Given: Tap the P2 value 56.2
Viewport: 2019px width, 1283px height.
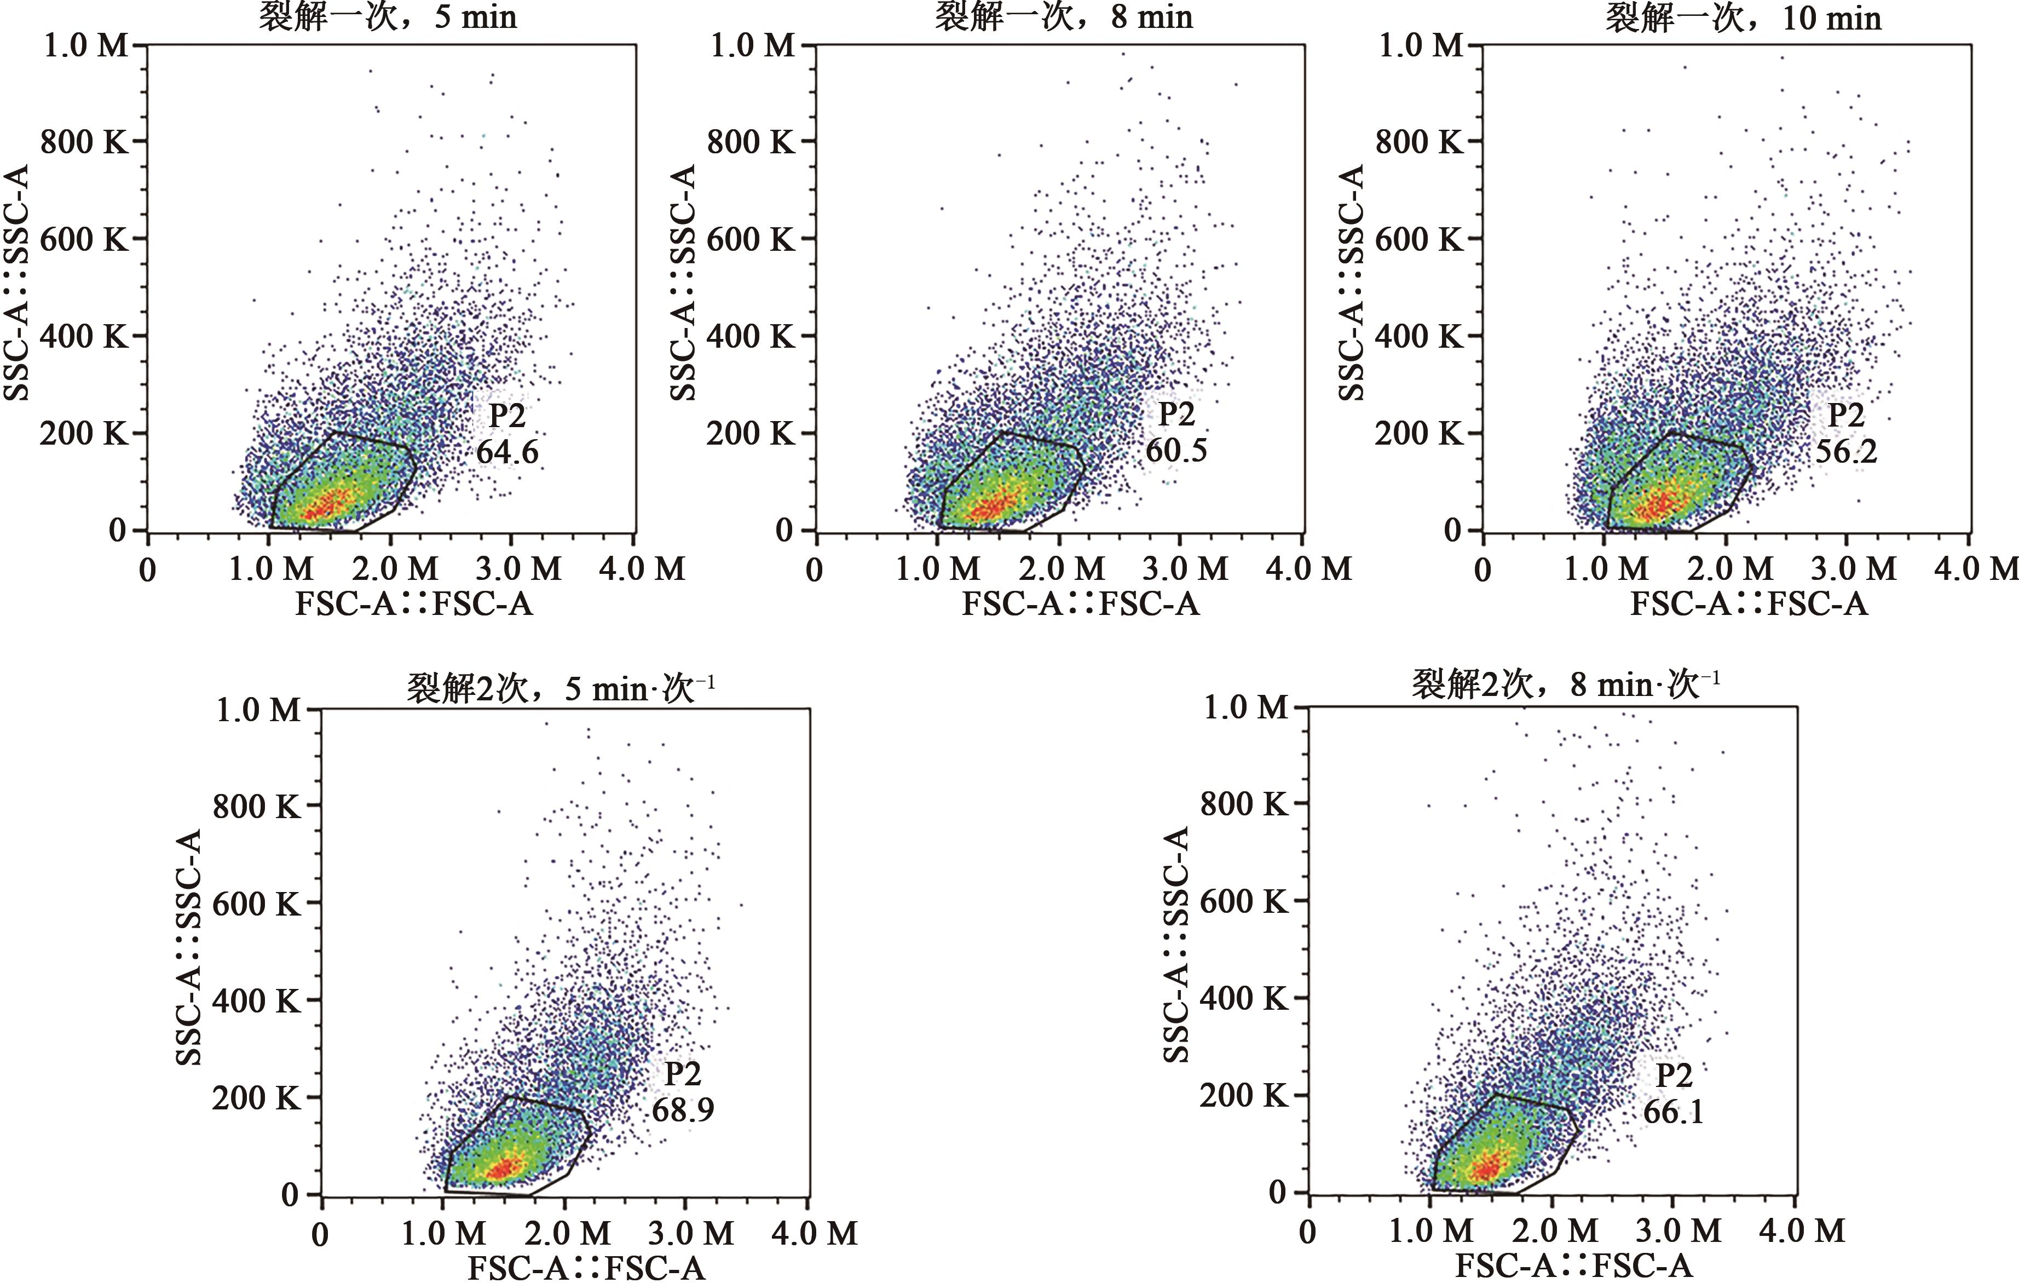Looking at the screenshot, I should (1845, 452).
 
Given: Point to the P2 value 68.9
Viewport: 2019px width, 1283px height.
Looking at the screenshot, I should (683, 1111).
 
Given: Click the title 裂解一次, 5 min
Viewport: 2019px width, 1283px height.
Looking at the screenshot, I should (388, 17).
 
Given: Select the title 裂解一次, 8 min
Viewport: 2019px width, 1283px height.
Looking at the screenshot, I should (1063, 17).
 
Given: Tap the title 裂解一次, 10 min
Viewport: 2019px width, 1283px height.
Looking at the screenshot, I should (1743, 17).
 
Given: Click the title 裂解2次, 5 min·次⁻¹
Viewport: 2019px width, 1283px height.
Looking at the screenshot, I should (560, 688).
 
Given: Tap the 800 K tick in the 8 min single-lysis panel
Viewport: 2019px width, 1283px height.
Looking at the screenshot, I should (751, 142).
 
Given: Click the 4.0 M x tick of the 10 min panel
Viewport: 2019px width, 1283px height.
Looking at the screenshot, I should (1975, 569).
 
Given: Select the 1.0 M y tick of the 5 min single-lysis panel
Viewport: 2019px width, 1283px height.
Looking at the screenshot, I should (86, 45).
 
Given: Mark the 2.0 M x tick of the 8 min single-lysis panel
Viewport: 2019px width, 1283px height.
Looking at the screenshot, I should (1062, 569).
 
